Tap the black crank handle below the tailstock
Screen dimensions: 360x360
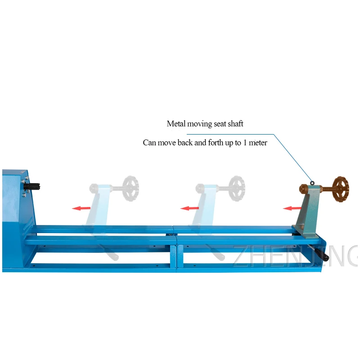tap(322, 254)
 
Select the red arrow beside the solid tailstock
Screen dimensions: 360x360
tap(292, 208)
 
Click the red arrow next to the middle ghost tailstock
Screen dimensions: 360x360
tap(189, 208)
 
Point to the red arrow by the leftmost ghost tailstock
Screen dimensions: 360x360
tap(81, 208)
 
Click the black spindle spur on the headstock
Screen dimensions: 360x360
tap(33, 185)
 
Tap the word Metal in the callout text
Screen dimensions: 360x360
tap(176, 124)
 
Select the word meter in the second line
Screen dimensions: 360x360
tap(258, 143)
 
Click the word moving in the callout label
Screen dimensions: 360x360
tap(199, 124)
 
